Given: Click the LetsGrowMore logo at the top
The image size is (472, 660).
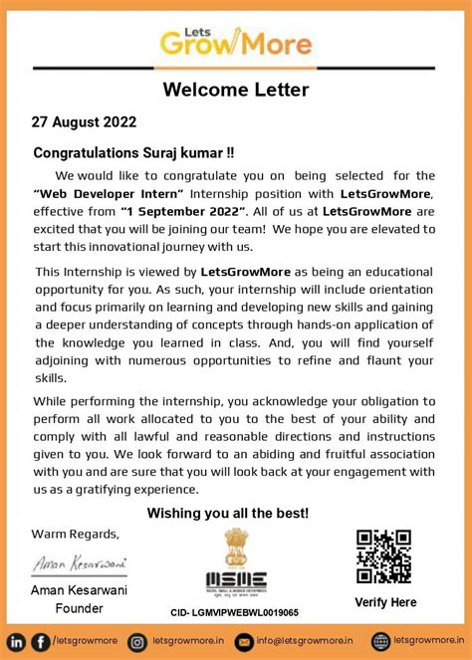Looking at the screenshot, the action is [235, 41].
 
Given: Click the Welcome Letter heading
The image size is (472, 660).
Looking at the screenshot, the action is [236, 91].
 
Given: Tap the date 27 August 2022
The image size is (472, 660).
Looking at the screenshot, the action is [83, 122].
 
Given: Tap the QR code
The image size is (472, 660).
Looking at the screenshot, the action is [383, 556].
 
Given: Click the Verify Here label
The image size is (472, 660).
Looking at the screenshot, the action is [384, 602].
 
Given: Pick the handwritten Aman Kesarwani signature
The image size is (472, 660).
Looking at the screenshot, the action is [80, 563].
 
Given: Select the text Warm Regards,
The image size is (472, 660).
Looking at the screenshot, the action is [76, 533].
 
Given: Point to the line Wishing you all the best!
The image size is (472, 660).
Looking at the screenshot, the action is [228, 513].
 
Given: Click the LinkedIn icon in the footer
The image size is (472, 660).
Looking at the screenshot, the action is [17, 641].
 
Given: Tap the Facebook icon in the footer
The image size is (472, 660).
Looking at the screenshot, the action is [40, 641].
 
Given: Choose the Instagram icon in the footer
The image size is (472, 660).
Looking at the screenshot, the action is [137, 641].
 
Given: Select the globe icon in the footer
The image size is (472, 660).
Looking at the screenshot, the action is [380, 641].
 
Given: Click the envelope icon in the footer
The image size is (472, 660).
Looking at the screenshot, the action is [243, 641].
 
